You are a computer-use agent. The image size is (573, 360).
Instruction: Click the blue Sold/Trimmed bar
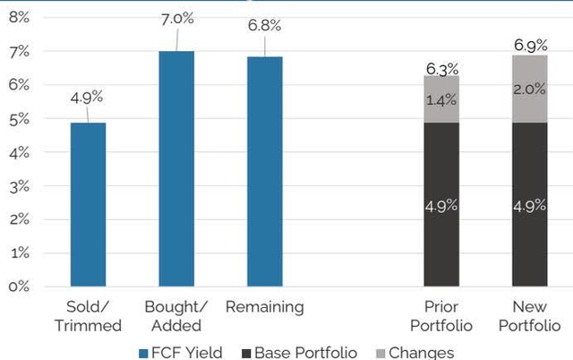pos(88,204)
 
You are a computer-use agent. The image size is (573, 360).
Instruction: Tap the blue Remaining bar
pos(264,172)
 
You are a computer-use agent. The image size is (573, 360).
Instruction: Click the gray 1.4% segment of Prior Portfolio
pos(441,99)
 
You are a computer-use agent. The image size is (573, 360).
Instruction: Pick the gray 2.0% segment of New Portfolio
pos(530,89)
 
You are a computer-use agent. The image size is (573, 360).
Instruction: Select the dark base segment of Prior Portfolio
pos(441,204)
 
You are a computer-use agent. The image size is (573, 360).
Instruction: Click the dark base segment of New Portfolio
pos(530,204)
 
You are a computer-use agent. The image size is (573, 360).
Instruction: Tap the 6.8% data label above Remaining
pos(265,25)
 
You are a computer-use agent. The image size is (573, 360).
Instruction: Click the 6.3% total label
pos(441,67)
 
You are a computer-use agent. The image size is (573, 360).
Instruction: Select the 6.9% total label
pos(531,44)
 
